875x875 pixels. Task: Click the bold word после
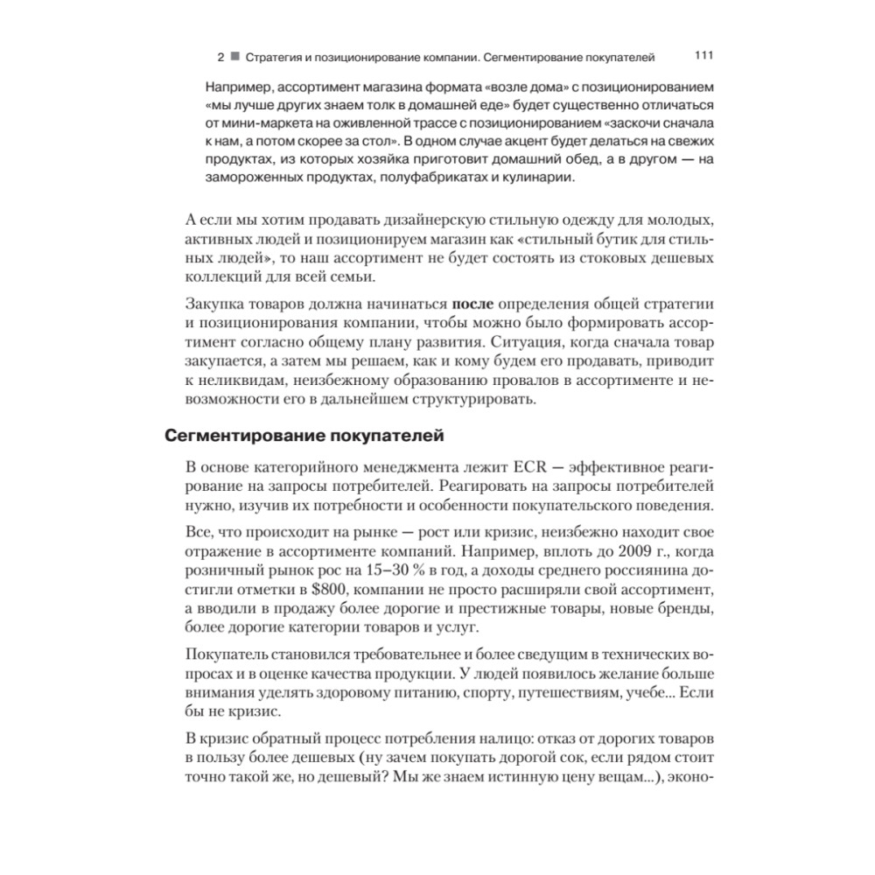point(473,303)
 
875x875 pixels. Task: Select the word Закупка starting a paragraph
point(216,303)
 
